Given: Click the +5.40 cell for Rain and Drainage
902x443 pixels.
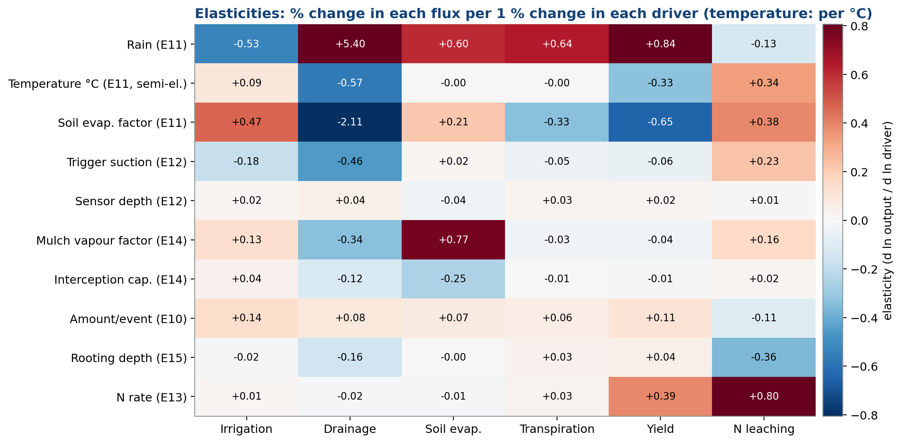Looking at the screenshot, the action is pos(350,44).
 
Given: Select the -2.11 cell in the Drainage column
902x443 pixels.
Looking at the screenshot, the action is pos(350,122).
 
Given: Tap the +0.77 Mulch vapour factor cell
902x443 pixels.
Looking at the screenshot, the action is pos(453,240).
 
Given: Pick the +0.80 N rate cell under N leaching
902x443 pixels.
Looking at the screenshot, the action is pos(764,396).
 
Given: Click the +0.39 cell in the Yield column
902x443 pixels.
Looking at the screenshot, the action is pos(660,396).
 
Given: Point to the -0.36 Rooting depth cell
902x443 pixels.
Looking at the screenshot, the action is pos(764,357).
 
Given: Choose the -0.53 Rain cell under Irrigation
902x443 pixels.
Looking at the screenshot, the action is pos(246,44).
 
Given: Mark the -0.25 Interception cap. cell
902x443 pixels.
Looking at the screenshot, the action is pos(453,279).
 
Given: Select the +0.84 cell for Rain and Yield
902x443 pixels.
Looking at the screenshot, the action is pos(660,44).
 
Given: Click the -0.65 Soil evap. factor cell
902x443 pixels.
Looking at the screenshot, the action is pos(660,122).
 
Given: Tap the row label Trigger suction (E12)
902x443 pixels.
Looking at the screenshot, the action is pos(127,162).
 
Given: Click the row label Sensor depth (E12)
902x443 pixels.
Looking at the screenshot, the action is pos(131,201).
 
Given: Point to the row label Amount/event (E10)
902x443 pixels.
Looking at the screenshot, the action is pos(128,319).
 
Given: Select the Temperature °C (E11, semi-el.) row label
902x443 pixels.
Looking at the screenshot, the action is pos(98,84).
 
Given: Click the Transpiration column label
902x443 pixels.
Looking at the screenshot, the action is pos(557,429).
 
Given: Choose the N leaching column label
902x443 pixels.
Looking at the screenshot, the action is pos(764,429).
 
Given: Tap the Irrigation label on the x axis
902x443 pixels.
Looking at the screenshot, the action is pos(246,429).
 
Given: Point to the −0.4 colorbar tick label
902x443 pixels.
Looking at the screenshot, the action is pos(864,318).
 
